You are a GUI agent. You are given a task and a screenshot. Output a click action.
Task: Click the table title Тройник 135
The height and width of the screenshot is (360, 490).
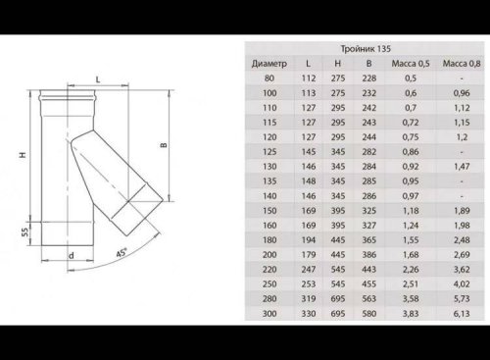[366, 49]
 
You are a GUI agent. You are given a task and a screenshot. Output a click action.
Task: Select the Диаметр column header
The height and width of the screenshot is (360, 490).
[269, 64]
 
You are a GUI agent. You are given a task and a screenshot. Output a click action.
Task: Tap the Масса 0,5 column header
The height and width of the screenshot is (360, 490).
[411, 64]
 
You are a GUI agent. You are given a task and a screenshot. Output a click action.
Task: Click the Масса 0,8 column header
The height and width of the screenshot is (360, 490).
[462, 64]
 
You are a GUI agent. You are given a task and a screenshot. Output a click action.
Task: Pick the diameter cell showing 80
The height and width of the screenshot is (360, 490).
[269, 78]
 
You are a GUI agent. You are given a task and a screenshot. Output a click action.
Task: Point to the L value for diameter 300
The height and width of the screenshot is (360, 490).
[309, 314]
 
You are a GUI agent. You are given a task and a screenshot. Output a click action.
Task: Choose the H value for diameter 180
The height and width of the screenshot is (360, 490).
[338, 240]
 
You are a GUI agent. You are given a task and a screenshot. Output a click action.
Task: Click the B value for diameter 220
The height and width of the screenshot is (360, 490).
[369, 270]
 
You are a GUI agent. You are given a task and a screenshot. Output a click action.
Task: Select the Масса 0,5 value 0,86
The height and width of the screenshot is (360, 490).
[411, 152]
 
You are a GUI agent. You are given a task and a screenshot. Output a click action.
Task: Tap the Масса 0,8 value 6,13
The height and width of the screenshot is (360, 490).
[462, 314]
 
